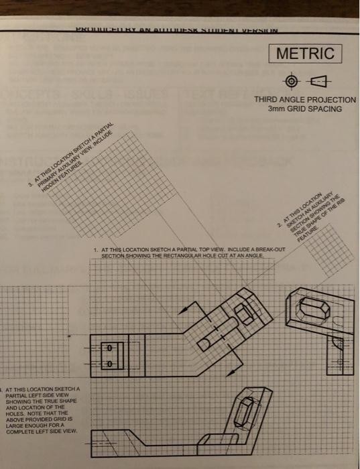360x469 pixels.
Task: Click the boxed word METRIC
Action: point(305,52)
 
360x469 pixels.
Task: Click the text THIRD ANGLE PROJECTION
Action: point(305,100)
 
